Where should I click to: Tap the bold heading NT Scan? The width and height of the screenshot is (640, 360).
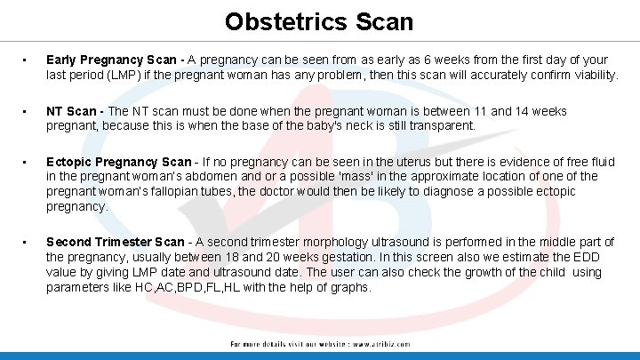click(75, 112)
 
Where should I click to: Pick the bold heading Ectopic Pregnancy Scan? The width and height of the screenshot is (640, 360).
click(118, 162)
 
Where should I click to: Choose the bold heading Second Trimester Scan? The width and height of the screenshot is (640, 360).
click(116, 242)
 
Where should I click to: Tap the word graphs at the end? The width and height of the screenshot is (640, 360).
click(349, 287)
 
